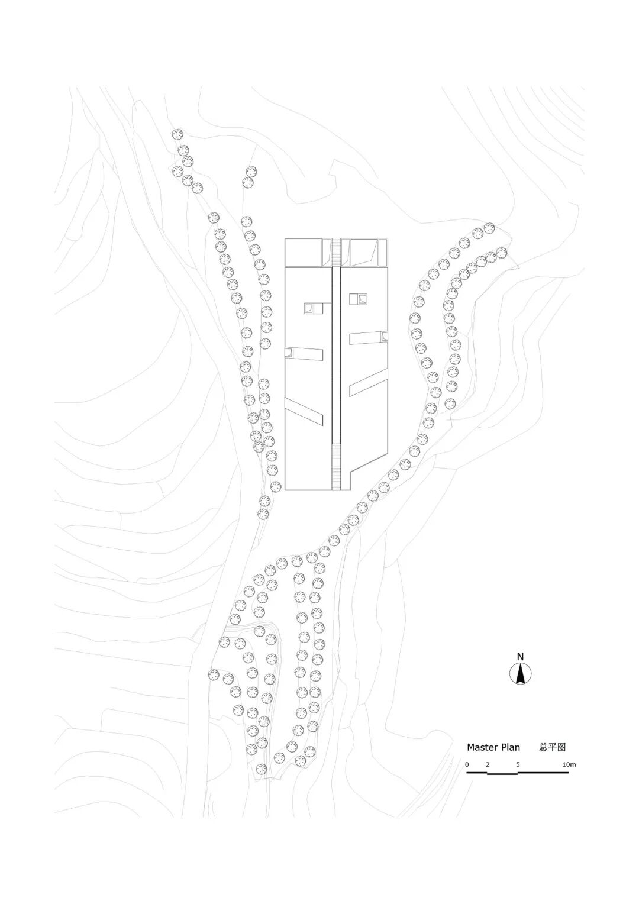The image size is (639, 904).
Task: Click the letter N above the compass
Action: tap(520, 656)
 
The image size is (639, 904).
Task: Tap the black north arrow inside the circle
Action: tap(521, 673)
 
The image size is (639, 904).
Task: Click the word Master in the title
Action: tap(483, 747)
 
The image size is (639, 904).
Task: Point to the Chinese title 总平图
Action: tap(552, 747)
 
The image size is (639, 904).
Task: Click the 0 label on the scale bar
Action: tap(467, 764)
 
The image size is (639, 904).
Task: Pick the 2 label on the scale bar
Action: tap(488, 764)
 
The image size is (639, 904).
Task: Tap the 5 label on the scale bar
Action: tap(518, 764)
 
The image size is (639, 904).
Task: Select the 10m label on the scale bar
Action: tap(569, 764)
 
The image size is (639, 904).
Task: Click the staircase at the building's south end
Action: tap(337, 467)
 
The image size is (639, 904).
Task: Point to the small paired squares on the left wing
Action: tap(314, 308)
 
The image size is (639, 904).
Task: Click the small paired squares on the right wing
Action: tap(359, 299)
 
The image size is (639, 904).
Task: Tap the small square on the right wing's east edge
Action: tap(385, 336)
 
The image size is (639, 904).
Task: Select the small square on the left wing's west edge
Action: tap(289, 353)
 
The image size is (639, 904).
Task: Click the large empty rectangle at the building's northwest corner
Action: tap(303, 253)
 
